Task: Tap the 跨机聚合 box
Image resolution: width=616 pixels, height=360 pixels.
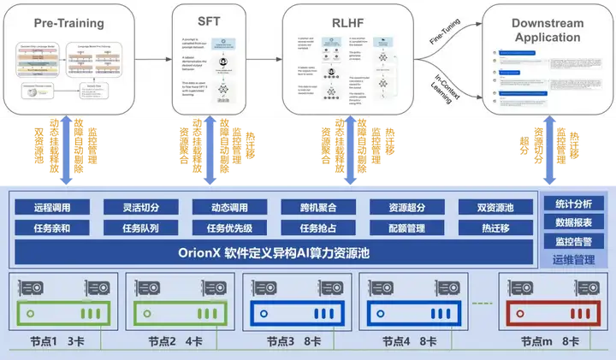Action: [x=318, y=208]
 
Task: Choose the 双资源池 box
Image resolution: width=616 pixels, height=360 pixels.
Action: [x=496, y=208]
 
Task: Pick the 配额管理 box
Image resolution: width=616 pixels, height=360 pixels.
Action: [x=407, y=228]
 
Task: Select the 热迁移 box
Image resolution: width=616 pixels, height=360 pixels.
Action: [x=496, y=228]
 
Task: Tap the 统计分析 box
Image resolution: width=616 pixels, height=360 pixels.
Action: [x=574, y=204]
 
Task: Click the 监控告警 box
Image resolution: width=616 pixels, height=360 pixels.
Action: [x=574, y=241]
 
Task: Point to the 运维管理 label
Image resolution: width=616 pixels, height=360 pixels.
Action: [x=574, y=259]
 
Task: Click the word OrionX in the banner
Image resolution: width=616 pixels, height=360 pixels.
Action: [x=199, y=253]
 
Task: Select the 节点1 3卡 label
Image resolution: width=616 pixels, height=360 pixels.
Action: [x=59, y=342]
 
